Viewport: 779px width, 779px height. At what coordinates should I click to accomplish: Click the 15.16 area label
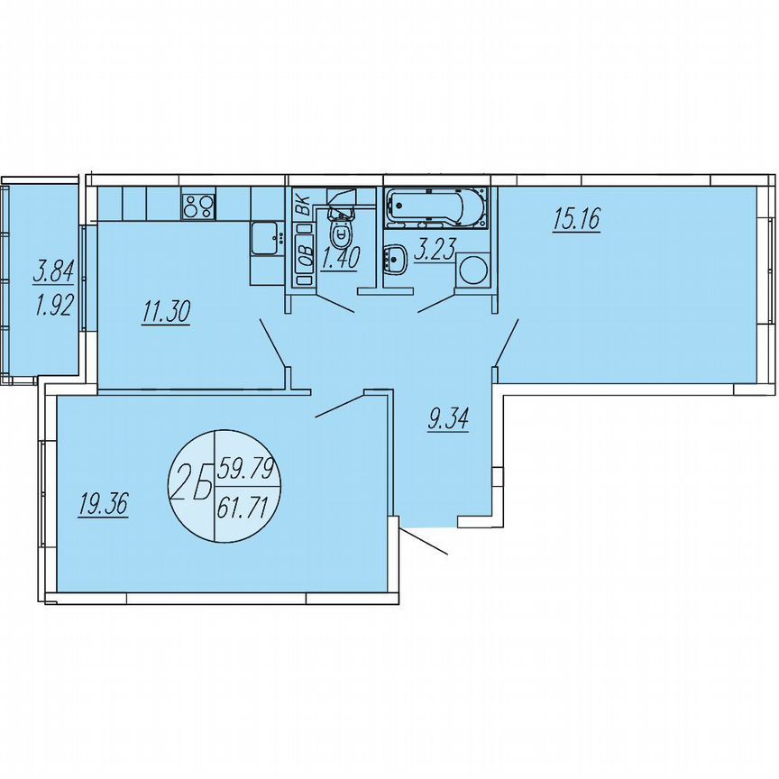(x=577, y=219)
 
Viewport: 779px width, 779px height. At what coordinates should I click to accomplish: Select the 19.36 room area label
(x=104, y=505)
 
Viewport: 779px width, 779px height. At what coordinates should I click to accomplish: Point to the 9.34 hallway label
(x=446, y=418)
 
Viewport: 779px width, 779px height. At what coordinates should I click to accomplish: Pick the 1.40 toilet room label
(x=341, y=259)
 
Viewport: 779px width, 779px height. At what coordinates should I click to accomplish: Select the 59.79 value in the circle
(x=244, y=469)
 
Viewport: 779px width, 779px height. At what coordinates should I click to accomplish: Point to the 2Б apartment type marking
(x=190, y=487)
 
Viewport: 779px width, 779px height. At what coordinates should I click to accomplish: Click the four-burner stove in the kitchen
(x=198, y=206)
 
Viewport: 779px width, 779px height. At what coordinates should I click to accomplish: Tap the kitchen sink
(x=266, y=239)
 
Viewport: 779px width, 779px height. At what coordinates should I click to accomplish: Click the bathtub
(x=435, y=208)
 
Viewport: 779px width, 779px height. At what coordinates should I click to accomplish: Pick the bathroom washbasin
(x=395, y=260)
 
